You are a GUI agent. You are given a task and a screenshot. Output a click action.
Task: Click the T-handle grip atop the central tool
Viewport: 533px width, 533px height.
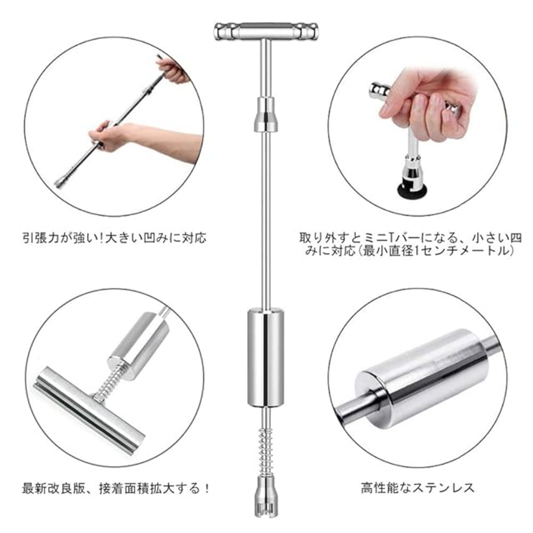pos(266,31)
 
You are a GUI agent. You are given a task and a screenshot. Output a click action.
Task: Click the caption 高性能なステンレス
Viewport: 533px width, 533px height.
pos(418,487)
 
